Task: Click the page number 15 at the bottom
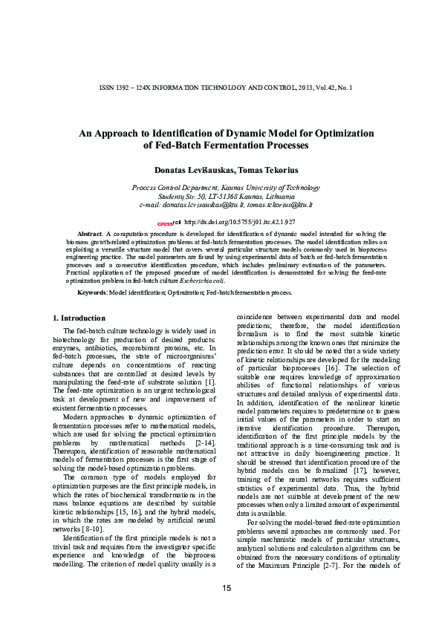pyautogui.click(x=226, y=589)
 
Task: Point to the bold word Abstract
pyautogui.click(x=90, y=233)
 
